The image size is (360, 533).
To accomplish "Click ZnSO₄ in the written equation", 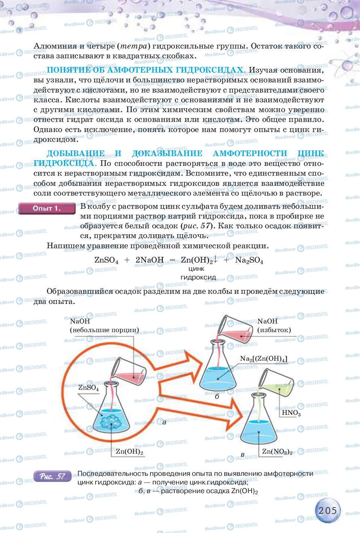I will point(106,260).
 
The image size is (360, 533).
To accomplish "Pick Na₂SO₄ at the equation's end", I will point(249,260).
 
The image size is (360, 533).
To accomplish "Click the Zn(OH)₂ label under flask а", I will point(129,451).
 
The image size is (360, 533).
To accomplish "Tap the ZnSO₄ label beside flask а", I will point(88,388).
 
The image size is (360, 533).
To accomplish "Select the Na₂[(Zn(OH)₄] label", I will point(264,359).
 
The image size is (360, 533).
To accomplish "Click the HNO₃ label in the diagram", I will point(291,413).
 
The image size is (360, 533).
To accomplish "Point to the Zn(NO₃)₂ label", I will point(277,451).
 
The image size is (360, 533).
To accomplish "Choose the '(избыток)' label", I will point(274,330).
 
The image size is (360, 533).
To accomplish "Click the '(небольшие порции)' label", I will point(104,330).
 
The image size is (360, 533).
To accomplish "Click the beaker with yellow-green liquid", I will point(276,383).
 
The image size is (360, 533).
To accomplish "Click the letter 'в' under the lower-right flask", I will point(242,455).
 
